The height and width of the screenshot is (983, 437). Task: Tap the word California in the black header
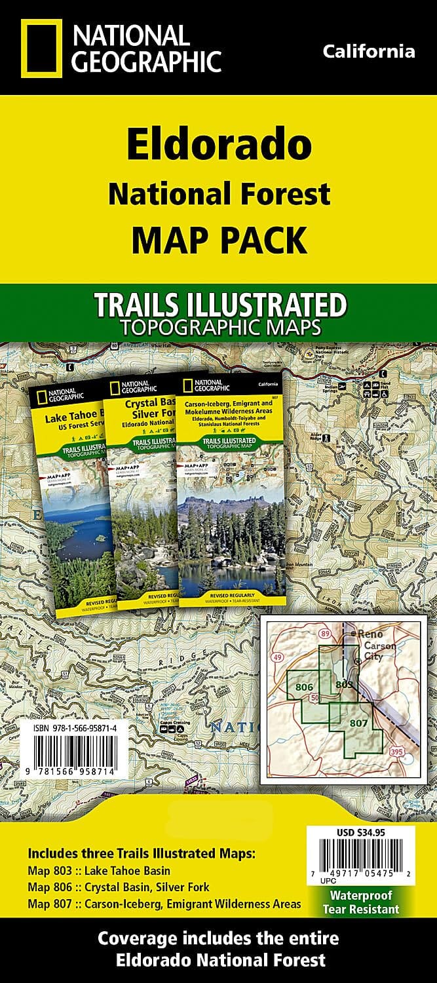pos(369,51)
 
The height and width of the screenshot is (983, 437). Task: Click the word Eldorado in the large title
pos(219,145)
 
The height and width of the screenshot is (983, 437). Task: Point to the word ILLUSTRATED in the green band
pos(265,306)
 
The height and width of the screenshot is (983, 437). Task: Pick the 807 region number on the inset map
pos(358,723)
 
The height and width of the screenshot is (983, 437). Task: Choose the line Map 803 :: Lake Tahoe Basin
pos(99,871)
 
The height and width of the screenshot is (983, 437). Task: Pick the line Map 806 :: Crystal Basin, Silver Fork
pos(119,887)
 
